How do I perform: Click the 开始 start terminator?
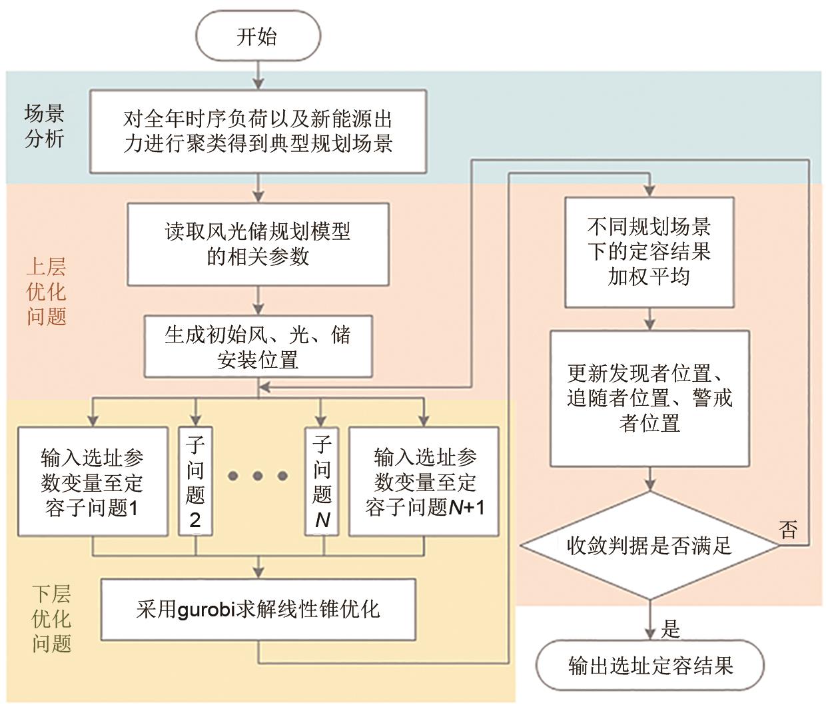tap(257, 37)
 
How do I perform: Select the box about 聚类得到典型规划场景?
tap(258, 132)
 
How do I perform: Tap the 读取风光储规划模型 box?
tap(258, 244)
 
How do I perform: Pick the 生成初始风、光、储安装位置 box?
tap(258, 347)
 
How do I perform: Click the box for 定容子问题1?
tap(93, 482)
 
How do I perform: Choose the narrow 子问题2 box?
tap(195, 482)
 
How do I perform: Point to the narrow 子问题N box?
tap(322, 482)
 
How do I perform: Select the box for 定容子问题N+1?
tap(424, 482)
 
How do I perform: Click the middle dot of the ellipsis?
tap(258, 476)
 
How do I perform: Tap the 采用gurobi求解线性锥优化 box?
tap(258, 609)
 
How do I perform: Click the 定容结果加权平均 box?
tap(649, 252)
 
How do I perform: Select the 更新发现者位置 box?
tap(649, 398)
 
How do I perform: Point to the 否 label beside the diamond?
tap(788, 530)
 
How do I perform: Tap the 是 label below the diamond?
tap(670, 628)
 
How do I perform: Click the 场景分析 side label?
tap(45, 127)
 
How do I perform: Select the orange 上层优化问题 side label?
tap(46, 292)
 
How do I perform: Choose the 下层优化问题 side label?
tap(51, 619)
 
